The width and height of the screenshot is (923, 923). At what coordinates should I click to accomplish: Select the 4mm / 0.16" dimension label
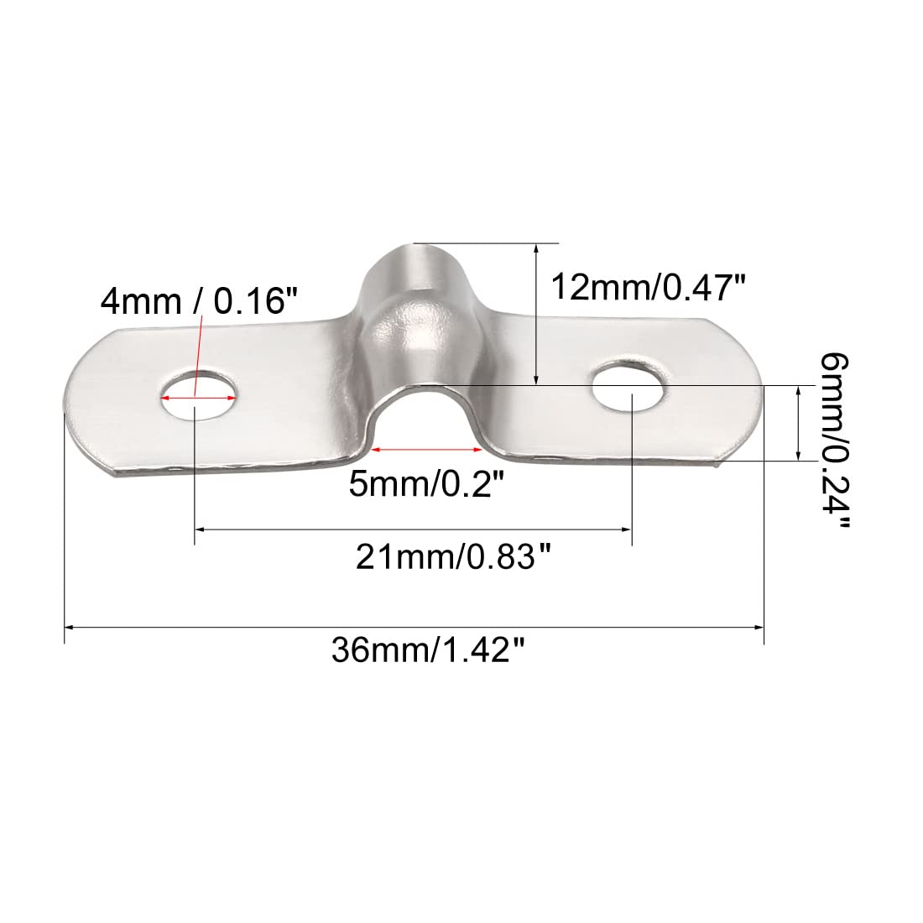(199, 300)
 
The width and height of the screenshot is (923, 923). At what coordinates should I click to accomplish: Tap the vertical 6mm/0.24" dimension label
(834, 441)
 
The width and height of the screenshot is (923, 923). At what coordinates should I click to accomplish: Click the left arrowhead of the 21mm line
(201, 529)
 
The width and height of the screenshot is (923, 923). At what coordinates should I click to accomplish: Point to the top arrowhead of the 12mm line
(535, 248)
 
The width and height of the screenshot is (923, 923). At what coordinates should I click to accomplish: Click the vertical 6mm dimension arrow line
(795, 423)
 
